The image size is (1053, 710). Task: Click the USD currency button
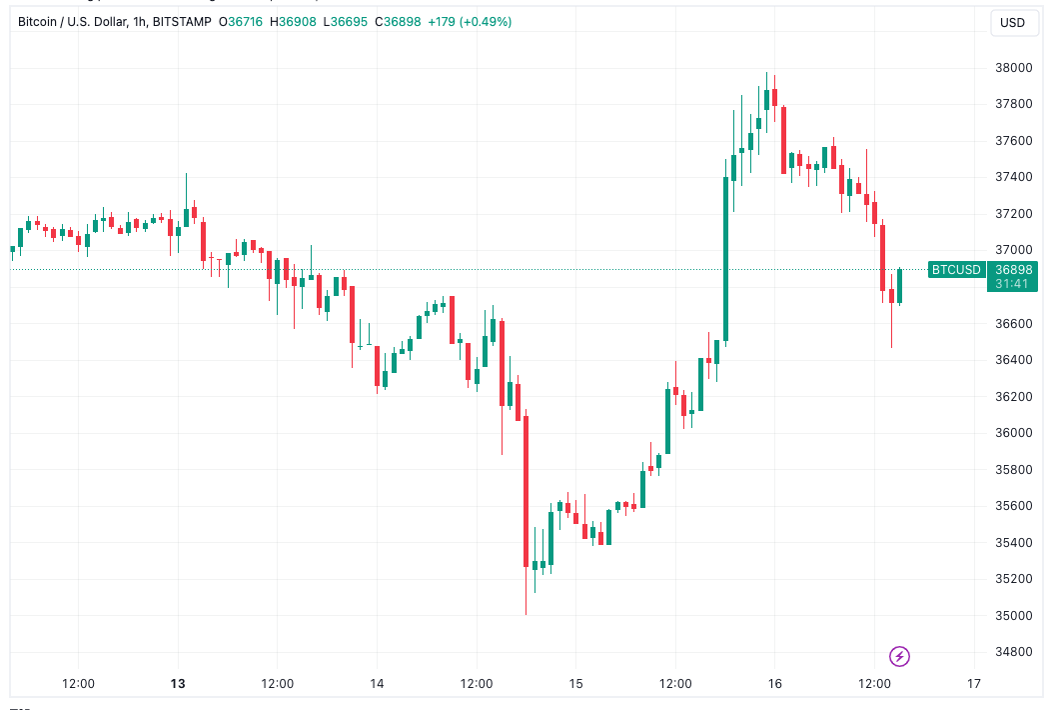1013,23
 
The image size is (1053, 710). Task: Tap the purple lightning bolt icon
900,657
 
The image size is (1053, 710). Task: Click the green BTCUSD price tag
956,269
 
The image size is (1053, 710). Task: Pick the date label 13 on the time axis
178,684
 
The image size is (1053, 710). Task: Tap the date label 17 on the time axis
974,684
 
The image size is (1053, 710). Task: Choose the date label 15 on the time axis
575,684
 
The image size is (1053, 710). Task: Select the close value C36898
398,21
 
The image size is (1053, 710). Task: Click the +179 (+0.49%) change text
470,21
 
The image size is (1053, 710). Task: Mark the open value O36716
241,21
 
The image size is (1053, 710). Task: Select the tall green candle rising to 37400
725,260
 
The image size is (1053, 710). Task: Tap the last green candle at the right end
899,286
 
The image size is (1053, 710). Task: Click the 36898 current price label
1013,269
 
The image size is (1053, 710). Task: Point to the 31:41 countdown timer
1013,283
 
